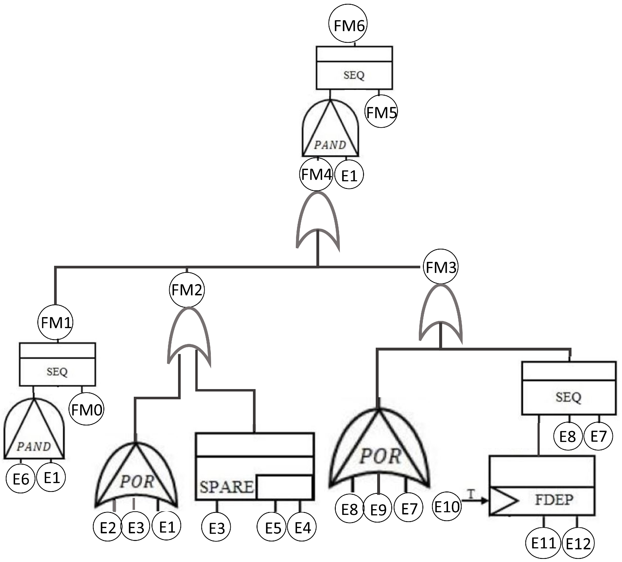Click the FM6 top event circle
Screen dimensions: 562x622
pos(348,23)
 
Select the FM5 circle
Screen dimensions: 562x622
pos(381,112)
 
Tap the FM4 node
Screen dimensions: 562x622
pos(316,174)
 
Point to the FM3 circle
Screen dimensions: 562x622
pos(441,266)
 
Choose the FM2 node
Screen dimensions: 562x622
pos(187,290)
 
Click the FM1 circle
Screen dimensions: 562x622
pos(56,322)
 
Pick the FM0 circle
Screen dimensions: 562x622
pos(86,409)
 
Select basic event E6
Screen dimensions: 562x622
pos(21,479)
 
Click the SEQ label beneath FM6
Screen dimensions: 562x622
pos(354,75)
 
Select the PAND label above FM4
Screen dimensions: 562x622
pos(330,145)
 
